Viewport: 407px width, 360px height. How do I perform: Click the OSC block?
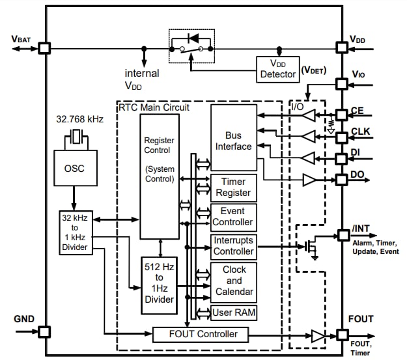coord(74,169)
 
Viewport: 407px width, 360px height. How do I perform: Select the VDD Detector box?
coord(278,69)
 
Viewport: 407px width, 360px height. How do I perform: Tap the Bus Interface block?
coord(234,141)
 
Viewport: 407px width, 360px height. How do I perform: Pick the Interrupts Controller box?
coord(234,246)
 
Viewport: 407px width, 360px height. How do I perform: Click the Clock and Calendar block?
coord(234,281)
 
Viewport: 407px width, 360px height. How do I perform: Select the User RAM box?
coord(234,313)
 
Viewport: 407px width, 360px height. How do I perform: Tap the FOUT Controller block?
coord(200,335)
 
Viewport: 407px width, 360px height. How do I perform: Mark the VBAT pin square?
coord(44,48)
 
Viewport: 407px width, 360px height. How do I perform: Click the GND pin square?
coord(44,331)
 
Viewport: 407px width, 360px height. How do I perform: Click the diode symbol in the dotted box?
coord(193,38)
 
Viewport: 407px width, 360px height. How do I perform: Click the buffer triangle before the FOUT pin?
coord(317,335)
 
